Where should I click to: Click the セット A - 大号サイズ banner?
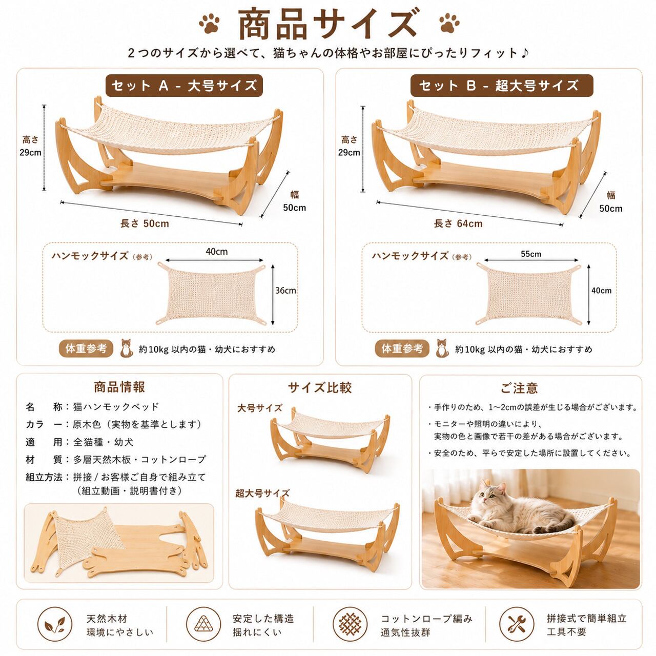[184, 86]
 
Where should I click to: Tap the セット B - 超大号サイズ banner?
[502, 86]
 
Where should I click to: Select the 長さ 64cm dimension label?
[458, 223]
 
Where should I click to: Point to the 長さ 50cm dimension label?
[145, 223]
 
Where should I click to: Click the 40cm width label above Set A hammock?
[216, 252]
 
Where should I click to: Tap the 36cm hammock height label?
[285, 291]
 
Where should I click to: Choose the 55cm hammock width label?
[531, 254]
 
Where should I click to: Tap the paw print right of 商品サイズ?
[449, 23]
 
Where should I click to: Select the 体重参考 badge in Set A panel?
[86, 348]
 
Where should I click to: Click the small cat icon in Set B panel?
[442, 348]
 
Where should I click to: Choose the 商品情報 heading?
[119, 387]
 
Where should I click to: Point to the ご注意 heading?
[519, 388]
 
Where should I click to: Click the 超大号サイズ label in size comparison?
[262, 493]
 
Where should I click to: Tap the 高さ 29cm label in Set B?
[349, 146]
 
